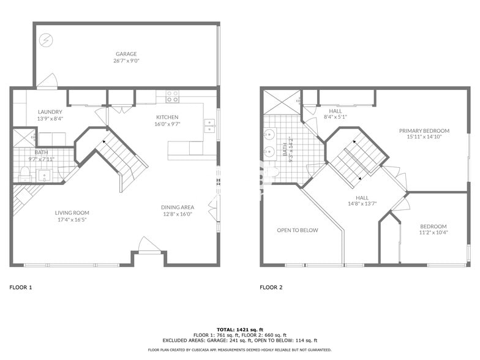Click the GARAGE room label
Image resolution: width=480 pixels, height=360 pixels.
[126, 54]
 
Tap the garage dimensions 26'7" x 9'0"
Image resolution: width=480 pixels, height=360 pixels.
[126, 61]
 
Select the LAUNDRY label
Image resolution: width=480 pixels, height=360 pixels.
[50, 112]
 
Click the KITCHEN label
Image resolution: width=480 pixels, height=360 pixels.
[167, 117]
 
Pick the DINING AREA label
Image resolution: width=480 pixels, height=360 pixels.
[178, 207]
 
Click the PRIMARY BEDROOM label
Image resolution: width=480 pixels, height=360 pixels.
[424, 130]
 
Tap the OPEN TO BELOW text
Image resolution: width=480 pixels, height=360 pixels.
[298, 230]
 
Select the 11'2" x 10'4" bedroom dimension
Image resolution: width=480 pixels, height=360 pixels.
[433, 233]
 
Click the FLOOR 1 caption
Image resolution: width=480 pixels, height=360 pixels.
[21, 287]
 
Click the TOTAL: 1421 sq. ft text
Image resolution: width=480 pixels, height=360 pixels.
[239, 329]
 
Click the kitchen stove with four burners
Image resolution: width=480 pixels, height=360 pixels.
[172, 96]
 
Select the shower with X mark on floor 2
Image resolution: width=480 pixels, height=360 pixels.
[282, 102]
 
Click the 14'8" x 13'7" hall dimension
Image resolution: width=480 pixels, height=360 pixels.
[362, 204]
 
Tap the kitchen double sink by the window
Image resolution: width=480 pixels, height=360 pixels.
[209, 126]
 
